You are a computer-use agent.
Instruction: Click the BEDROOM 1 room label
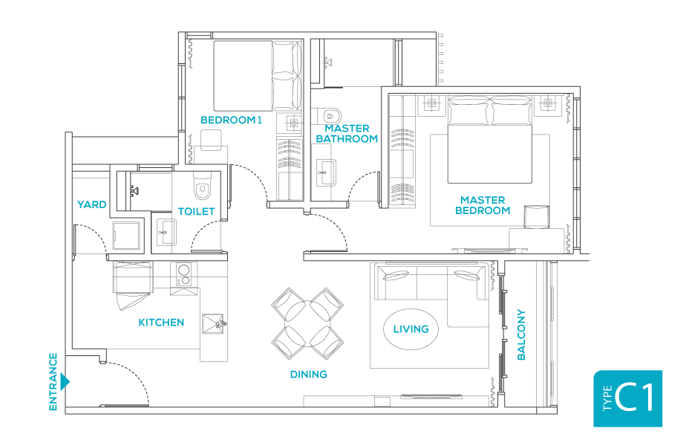point(231,120)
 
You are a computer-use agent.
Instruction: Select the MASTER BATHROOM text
point(347,134)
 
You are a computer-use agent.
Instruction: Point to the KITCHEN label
point(161,322)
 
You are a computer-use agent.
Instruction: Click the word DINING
point(308,374)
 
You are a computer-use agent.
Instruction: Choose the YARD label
point(91,204)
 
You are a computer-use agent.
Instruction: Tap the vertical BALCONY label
point(520,335)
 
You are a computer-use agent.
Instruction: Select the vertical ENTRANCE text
point(53,382)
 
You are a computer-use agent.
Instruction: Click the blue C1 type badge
point(627,398)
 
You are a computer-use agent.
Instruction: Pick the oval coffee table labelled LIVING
point(411,329)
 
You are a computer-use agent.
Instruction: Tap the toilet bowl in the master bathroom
point(329,115)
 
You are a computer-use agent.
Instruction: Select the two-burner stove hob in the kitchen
point(184,275)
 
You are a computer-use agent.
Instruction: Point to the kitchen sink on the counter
point(215,322)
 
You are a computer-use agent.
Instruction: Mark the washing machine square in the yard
point(128,236)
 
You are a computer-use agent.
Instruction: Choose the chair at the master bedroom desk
point(536,216)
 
